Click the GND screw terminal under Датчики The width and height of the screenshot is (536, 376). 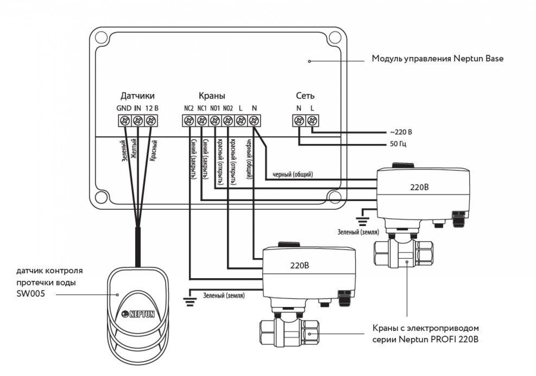[124, 121]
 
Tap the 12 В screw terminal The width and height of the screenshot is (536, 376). [151, 121]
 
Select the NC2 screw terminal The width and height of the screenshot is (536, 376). [189, 121]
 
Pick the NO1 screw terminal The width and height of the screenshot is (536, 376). [215, 121]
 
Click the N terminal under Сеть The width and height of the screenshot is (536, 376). [299, 121]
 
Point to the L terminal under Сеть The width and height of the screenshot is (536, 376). [312, 121]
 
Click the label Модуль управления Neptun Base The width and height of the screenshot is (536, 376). [437, 59]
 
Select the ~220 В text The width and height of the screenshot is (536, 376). [401, 132]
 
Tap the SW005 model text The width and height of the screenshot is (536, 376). [29, 294]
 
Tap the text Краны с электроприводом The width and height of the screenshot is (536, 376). [425, 328]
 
